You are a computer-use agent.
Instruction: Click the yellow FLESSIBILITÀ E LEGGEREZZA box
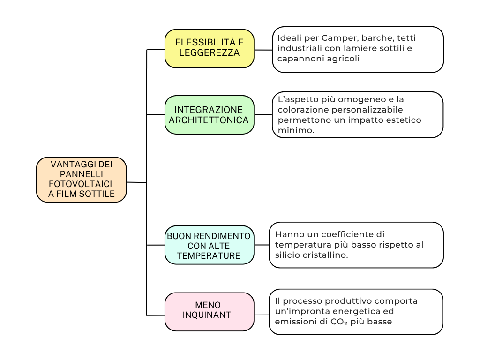click(x=209, y=48)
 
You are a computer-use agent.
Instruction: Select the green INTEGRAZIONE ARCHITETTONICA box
click(x=209, y=115)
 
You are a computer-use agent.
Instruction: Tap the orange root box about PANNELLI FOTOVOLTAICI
click(x=82, y=180)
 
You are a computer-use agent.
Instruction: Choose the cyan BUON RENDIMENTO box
click(x=209, y=245)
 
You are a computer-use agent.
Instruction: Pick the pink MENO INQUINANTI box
click(x=209, y=311)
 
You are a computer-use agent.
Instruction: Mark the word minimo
click(x=295, y=130)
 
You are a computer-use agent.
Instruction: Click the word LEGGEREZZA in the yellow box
click(x=209, y=53)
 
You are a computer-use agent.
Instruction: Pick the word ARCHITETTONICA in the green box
click(x=209, y=120)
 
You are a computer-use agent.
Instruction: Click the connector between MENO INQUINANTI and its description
click(x=262, y=314)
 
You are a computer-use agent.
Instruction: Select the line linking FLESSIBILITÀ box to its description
click(x=263, y=50)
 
